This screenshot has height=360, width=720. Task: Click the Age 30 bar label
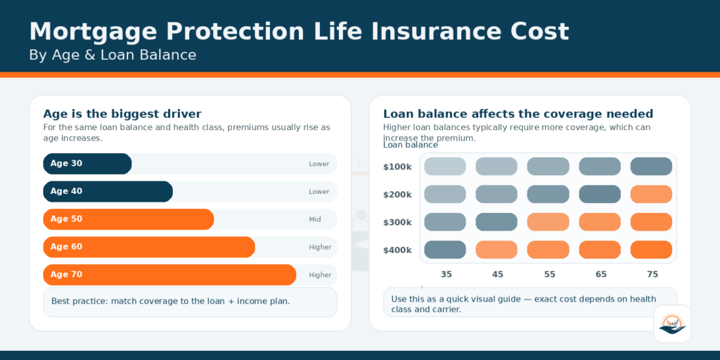click(x=66, y=164)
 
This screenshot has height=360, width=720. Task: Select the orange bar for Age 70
click(x=169, y=275)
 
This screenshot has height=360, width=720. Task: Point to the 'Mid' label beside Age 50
click(x=315, y=219)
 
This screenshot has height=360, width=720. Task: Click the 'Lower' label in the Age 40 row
click(x=319, y=191)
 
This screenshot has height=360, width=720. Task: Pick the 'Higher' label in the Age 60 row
click(x=320, y=247)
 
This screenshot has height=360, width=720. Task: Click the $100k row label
click(x=397, y=167)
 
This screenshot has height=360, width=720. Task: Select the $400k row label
click(x=397, y=250)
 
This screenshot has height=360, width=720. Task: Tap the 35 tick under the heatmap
click(x=446, y=274)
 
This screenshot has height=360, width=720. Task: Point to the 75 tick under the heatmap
click(x=652, y=274)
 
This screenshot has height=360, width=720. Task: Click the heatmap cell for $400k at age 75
click(x=651, y=250)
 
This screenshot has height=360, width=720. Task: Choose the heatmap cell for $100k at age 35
click(x=445, y=167)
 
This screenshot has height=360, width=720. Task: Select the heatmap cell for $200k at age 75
click(x=651, y=194)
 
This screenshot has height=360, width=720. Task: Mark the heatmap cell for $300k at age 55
click(x=548, y=222)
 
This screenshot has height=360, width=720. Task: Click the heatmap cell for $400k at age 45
click(x=496, y=250)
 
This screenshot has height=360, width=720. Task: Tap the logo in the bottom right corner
click(x=672, y=323)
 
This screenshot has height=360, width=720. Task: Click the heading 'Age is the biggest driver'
click(x=122, y=114)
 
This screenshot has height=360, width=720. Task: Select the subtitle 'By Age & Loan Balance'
click(x=112, y=55)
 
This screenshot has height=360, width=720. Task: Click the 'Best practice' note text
click(x=170, y=301)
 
